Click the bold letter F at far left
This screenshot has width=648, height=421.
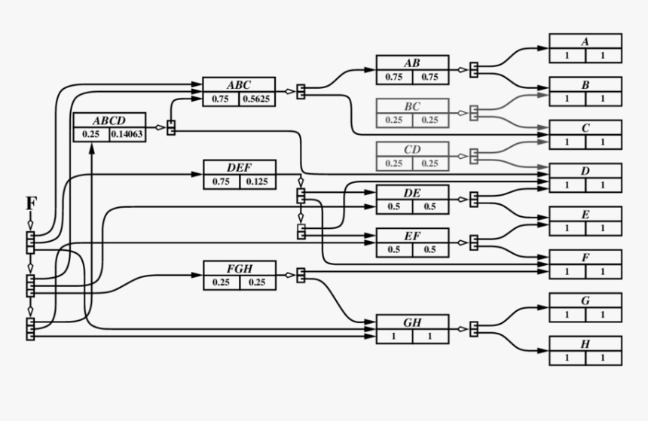click(x=31, y=203)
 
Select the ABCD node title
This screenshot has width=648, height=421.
click(x=109, y=121)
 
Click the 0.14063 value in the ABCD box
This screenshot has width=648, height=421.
click(x=127, y=135)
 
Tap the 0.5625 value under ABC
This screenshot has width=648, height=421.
click(x=257, y=99)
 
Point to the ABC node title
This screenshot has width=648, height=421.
click(x=239, y=84)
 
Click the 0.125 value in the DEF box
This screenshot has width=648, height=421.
click(x=258, y=182)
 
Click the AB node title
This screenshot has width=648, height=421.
click(x=412, y=63)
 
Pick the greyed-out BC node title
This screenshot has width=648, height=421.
click(x=412, y=106)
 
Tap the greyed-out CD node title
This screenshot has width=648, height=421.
click(x=412, y=149)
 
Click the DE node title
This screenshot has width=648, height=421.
click(x=412, y=193)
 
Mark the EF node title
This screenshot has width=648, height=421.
click(x=412, y=236)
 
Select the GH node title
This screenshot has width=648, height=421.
click(x=412, y=322)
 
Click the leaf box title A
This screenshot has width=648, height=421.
click(x=585, y=41)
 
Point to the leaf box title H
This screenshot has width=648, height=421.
click(x=585, y=344)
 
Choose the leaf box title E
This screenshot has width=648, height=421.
click(x=585, y=215)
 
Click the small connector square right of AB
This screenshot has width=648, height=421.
click(x=474, y=69)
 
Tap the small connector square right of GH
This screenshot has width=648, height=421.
click(x=474, y=329)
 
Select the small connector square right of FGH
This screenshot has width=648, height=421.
click(x=301, y=275)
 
